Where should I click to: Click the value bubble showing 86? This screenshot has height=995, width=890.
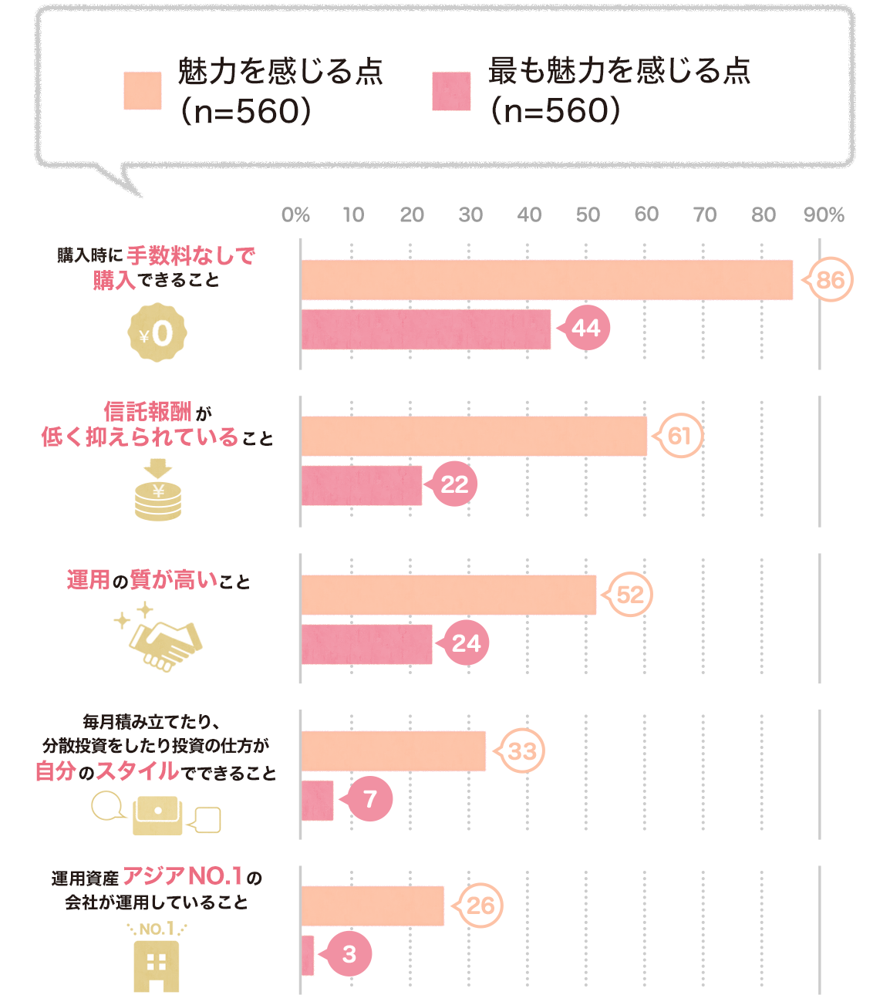(x=829, y=279)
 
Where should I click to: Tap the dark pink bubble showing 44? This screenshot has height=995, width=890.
(x=587, y=328)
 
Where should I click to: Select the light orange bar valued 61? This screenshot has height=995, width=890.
(x=474, y=436)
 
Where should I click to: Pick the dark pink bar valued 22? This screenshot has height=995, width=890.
(x=361, y=485)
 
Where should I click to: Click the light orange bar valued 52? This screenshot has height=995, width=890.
(x=448, y=595)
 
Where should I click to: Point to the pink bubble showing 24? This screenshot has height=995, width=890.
(x=466, y=643)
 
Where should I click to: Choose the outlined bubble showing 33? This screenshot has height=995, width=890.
(x=522, y=750)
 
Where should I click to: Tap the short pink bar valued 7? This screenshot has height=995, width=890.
(x=317, y=800)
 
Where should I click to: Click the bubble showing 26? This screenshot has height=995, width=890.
(x=480, y=906)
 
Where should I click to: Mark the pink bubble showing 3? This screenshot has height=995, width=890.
(x=349, y=955)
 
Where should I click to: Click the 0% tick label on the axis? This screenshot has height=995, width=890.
(x=295, y=214)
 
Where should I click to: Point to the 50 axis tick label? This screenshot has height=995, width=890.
(x=588, y=214)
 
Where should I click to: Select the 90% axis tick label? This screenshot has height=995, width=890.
(x=824, y=214)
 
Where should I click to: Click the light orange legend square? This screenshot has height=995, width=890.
(x=143, y=91)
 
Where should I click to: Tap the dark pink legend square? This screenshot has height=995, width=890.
(x=451, y=91)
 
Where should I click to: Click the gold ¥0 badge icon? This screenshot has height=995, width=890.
(x=157, y=332)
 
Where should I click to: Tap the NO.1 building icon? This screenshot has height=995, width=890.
(x=157, y=956)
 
